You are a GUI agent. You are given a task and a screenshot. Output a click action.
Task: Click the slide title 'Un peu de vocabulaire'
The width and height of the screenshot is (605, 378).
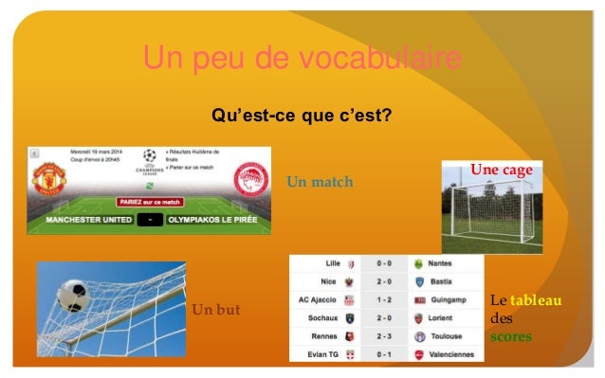(302, 60)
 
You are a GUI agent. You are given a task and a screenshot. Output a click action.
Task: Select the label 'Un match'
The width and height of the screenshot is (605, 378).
(319, 181)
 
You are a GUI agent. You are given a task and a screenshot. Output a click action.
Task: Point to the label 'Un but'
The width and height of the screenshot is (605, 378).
(216, 310)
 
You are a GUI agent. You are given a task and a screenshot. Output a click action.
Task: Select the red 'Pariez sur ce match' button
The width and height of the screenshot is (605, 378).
(149, 202)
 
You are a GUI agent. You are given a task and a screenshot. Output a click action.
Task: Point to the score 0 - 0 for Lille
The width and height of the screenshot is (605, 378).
(384, 263)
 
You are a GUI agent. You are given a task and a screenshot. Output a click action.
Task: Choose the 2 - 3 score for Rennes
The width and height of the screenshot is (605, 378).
(384, 335)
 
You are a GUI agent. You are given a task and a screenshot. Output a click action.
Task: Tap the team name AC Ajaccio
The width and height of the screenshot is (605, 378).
(320, 299)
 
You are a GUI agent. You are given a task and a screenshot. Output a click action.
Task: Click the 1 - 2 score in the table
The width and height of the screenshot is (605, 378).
(384, 299)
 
